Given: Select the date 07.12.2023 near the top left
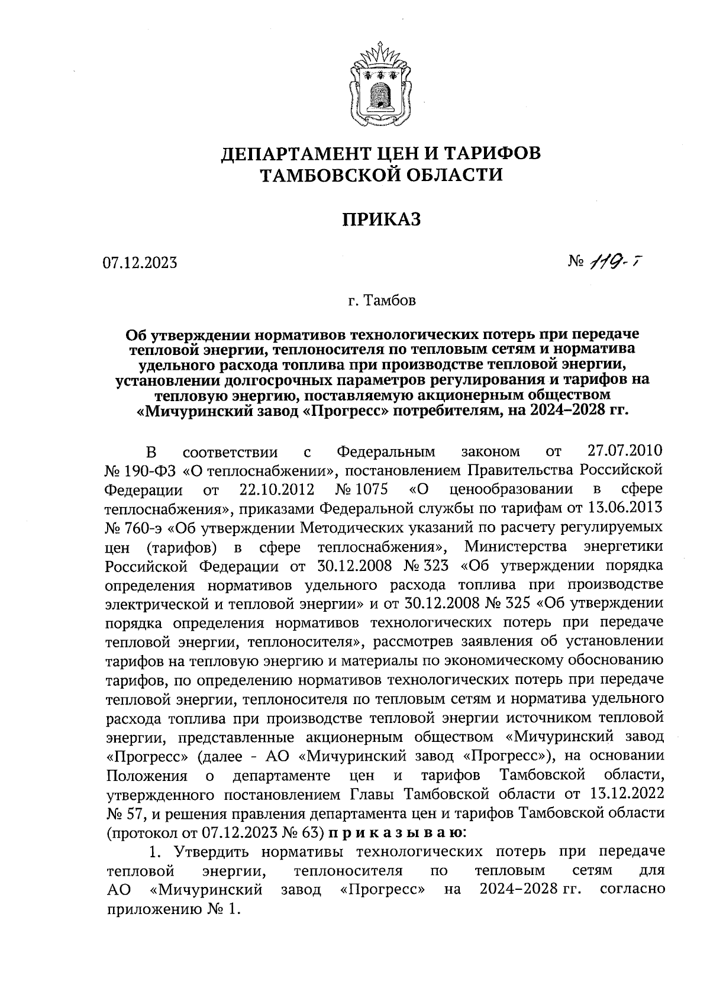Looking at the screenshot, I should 140,263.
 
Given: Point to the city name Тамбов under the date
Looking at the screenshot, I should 390,301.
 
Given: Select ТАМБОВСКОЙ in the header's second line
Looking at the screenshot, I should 328,175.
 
